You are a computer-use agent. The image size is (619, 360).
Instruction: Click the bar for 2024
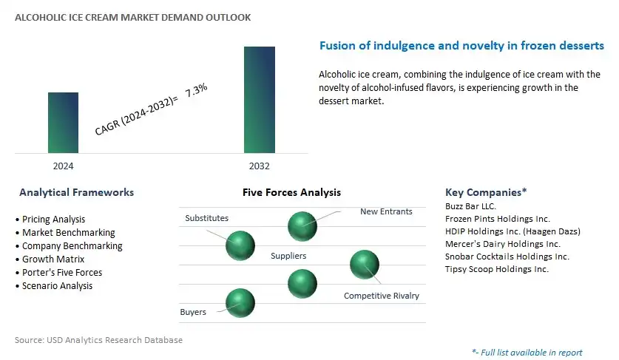(x=63, y=123)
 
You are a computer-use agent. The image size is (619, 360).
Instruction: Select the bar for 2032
(x=260, y=100)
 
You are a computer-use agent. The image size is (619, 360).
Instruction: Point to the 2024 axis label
(x=63, y=166)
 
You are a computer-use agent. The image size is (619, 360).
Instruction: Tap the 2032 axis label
(x=260, y=166)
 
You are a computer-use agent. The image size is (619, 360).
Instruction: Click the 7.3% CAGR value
(x=196, y=89)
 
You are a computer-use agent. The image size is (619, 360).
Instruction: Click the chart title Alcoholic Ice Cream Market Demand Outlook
(x=132, y=17)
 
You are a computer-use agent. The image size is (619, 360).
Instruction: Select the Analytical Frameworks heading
(x=77, y=192)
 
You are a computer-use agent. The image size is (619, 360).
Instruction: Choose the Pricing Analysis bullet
(x=50, y=219)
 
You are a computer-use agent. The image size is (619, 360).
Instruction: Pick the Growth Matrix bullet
(x=50, y=259)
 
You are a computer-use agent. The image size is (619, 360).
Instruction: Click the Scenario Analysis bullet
(x=54, y=286)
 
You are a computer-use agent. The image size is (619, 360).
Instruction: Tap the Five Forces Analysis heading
(x=291, y=192)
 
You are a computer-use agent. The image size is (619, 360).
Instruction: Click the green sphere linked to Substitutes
(x=240, y=245)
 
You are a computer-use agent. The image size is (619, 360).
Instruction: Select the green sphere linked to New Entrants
(x=302, y=226)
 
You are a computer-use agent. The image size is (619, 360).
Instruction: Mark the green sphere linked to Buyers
(x=240, y=303)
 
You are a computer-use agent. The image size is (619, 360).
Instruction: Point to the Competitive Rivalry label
(x=382, y=296)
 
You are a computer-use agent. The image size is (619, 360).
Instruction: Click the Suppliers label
(x=288, y=256)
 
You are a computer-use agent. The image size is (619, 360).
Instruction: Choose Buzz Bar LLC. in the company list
(x=470, y=206)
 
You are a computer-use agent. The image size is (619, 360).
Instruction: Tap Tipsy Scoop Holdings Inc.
(x=497, y=269)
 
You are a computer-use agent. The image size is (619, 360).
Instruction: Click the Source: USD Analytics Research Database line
(x=98, y=340)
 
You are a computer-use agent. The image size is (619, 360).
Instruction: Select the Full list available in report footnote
(x=527, y=353)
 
